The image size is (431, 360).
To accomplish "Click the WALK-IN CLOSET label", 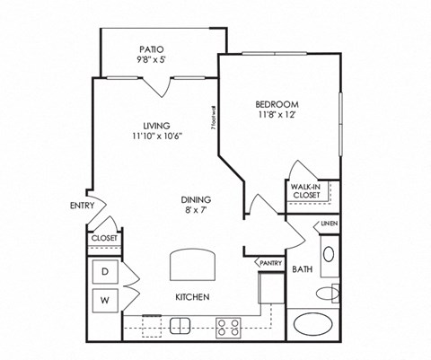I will (307, 189).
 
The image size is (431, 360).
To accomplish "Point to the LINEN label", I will (329, 224).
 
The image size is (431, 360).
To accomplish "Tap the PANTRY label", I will (272, 263).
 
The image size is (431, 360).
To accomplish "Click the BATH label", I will (302, 268).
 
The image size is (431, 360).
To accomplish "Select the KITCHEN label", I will (193, 296).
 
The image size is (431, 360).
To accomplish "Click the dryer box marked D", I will (104, 271).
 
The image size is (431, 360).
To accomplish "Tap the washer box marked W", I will (104, 300).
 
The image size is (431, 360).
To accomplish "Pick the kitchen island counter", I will (193, 265).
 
